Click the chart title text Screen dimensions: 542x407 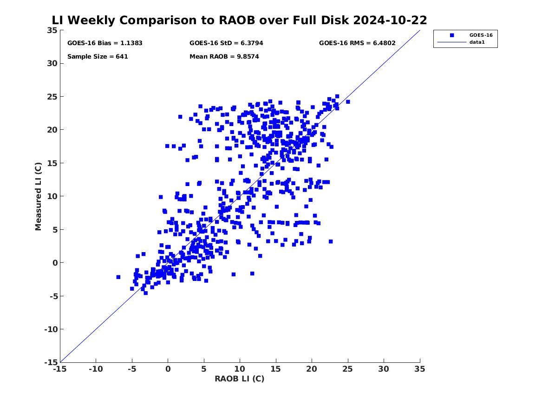click(x=239, y=20)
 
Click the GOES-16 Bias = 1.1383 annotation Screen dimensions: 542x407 click(x=105, y=43)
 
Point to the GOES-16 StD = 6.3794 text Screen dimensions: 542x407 click(x=226, y=43)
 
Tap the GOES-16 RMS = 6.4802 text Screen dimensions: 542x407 click(x=357, y=43)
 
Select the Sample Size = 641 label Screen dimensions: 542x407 click(x=98, y=56)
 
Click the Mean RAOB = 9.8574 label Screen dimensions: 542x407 click(x=224, y=56)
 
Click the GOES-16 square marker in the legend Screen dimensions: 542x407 click(x=452, y=35)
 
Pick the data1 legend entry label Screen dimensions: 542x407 click(x=477, y=42)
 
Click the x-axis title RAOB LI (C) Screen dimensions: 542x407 click(x=240, y=379)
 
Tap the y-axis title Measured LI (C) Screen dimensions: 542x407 click(x=38, y=196)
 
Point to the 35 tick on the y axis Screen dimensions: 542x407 click(x=52, y=30)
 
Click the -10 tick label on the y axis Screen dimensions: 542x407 click(x=51, y=329)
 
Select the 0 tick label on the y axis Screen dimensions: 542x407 click(x=55, y=263)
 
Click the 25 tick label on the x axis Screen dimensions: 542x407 click(x=348, y=369)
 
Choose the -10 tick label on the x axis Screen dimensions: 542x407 click(x=96, y=369)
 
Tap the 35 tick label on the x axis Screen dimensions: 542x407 click(x=420, y=369)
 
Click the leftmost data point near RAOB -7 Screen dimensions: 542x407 click(x=118, y=277)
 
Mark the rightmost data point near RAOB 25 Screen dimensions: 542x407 click(x=348, y=102)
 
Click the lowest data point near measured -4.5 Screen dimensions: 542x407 click(x=145, y=293)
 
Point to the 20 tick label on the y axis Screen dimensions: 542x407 click(x=52, y=130)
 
